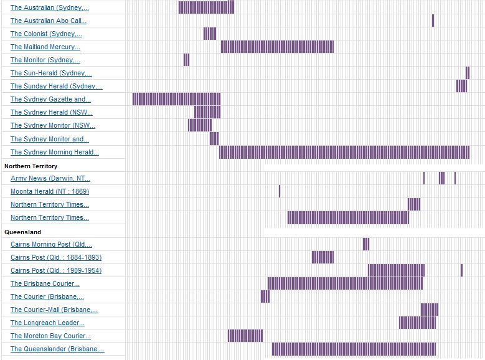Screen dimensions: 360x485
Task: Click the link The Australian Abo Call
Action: point(49,21)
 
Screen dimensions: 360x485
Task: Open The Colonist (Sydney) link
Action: point(46,34)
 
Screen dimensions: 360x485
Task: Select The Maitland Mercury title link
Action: point(45,47)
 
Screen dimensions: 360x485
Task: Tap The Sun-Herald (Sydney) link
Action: point(51,73)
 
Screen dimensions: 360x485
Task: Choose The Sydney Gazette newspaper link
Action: point(50,99)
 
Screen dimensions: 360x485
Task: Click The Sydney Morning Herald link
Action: point(55,152)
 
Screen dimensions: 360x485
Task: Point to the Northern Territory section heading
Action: point(31,166)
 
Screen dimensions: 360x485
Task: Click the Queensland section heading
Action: point(22,232)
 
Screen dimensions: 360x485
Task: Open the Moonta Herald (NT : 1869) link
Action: point(50,191)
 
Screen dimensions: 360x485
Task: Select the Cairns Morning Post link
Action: point(51,244)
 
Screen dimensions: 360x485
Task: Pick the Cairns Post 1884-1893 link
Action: point(56,257)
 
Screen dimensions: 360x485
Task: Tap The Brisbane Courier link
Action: point(45,283)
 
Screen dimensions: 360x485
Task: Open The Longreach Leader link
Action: point(47,323)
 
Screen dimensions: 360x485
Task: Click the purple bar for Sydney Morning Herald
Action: point(344,152)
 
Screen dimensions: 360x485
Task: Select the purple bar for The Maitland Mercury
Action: point(277,47)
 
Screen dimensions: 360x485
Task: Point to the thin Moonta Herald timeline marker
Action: point(280,191)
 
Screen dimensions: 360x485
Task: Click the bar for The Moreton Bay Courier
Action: point(245,336)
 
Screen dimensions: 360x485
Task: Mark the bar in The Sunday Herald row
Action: point(461,86)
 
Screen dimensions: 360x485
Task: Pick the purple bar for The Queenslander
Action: point(354,349)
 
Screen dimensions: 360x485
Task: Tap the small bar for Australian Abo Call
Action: point(433,21)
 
